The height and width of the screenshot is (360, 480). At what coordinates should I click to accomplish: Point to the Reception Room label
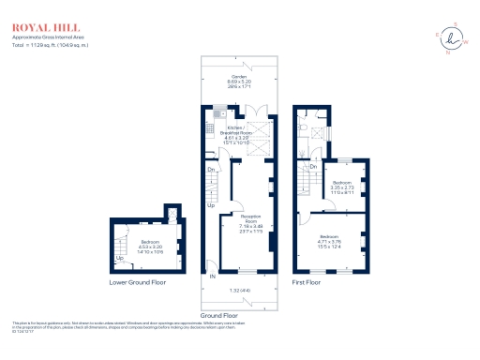click(248, 223)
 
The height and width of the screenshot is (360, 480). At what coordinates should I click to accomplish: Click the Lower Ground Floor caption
click(137, 281)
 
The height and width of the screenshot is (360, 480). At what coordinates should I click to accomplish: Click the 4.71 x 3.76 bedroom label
click(328, 240)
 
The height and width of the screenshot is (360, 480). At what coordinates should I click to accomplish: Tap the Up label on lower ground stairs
click(119, 259)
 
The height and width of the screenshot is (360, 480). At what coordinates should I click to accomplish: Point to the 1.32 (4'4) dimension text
click(238, 292)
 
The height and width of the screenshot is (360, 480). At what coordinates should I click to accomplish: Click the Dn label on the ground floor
click(212, 171)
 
